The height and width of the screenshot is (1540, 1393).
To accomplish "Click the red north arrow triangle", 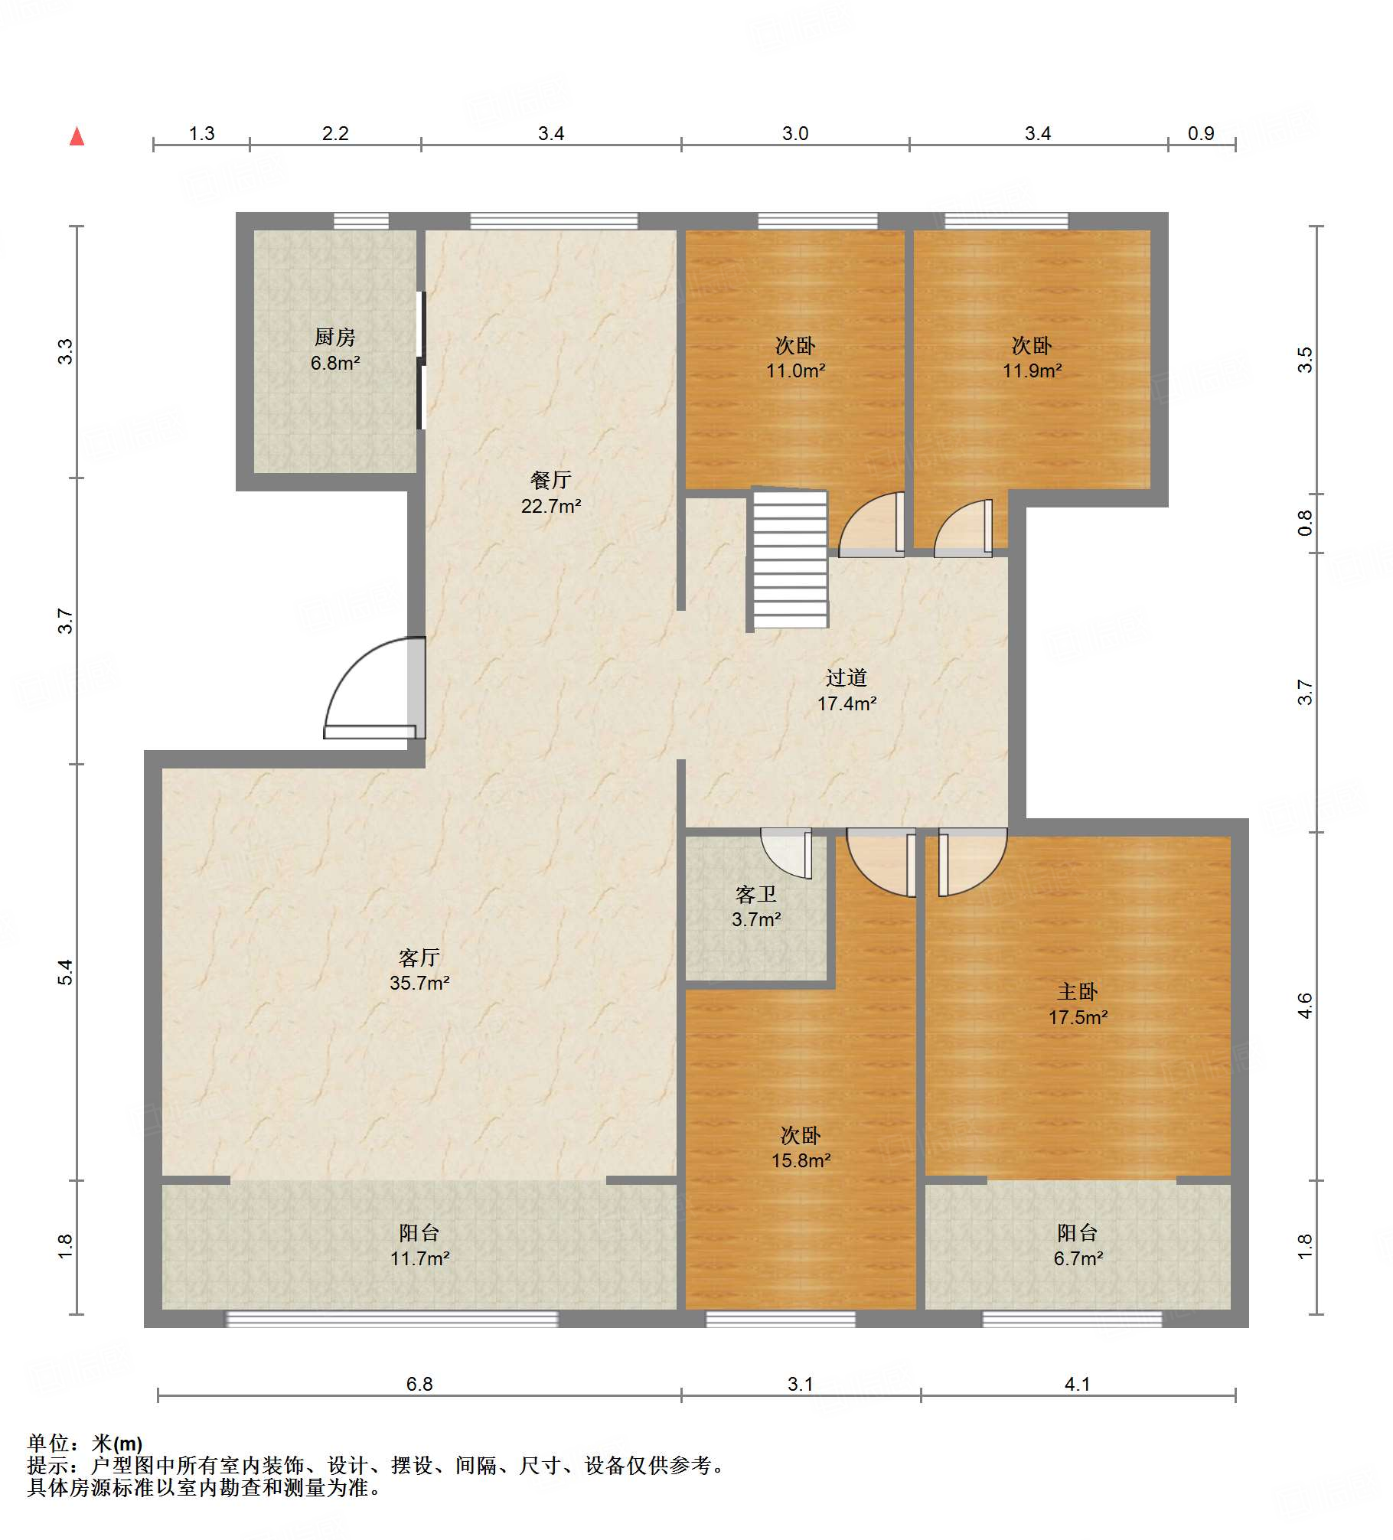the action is pos(77,136).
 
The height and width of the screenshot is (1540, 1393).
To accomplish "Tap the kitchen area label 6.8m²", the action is pos(335,363).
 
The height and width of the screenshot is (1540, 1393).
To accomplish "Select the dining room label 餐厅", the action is pos(550,480).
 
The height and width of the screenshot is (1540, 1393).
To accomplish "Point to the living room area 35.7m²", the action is pos(419,983).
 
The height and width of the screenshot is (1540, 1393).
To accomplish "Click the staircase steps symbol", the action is pos(790,559).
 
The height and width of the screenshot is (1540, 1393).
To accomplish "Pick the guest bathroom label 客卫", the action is pos(756,894).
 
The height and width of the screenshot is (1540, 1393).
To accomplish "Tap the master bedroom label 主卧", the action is pos(1078,992).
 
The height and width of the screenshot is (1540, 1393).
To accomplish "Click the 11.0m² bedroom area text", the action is pos(796,370).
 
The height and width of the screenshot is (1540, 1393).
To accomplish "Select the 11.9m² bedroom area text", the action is pos(1033,370).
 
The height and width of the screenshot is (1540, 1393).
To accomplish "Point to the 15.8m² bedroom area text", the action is pos(801,1160).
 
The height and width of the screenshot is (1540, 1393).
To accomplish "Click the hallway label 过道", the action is pos(847,677).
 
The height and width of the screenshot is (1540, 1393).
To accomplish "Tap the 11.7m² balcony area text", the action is pos(419,1258).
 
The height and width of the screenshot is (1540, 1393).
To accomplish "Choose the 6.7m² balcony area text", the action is pos(1078,1258).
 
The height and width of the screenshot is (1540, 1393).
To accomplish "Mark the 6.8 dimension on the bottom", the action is pos(419,1384).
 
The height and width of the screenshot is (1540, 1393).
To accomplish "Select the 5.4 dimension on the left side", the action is pos(66,972).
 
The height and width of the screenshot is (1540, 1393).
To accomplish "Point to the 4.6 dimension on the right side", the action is pos(1305,1006).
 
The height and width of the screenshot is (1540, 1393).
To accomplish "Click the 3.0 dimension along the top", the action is pos(795,133).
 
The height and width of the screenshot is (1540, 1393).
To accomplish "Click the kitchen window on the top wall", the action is pos(361,221).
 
